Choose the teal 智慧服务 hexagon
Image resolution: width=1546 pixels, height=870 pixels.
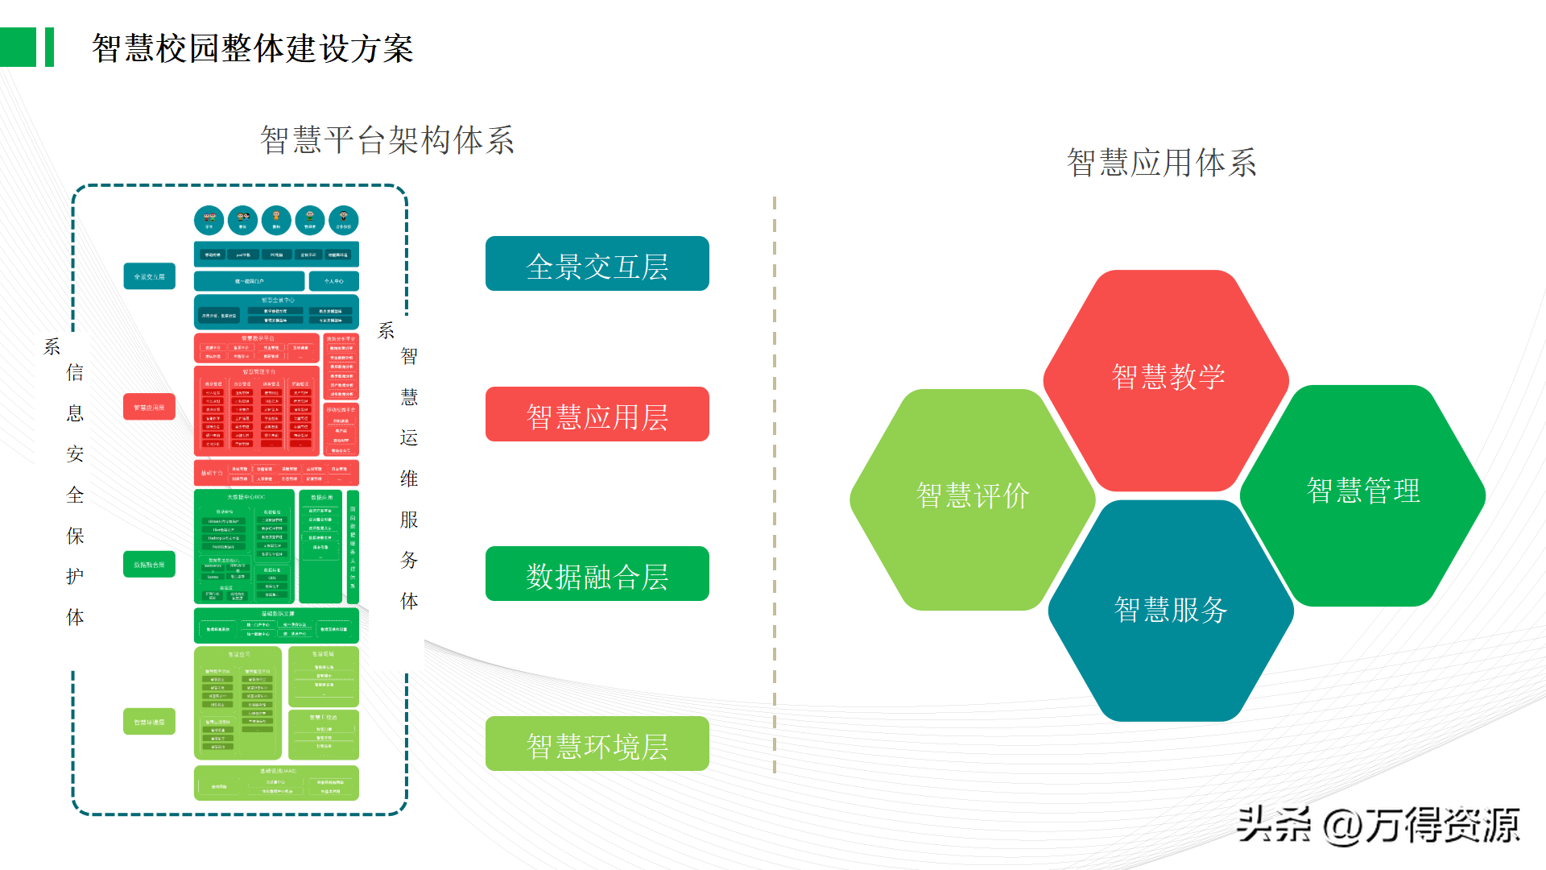1170,611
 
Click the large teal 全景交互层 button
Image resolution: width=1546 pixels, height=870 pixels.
597,264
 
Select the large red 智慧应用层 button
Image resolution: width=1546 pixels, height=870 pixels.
597,415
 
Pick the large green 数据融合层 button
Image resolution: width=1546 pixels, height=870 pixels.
597,574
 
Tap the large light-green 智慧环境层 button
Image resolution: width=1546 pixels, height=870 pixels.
597,744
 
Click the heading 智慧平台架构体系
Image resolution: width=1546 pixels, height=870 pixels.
386,140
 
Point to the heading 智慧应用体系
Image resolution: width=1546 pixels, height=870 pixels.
1161,163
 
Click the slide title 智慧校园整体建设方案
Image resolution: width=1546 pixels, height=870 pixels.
252,48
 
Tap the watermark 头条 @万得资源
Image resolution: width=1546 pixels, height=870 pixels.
1377,825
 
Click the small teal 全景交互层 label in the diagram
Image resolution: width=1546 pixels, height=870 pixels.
149,276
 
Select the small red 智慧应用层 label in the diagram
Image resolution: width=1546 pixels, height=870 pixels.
149,407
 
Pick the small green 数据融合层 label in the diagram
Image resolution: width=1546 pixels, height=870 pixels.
149,565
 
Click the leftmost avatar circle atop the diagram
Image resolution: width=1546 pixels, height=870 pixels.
209,220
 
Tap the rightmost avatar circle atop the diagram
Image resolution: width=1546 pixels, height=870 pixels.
344,220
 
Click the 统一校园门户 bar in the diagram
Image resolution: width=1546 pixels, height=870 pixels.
250,281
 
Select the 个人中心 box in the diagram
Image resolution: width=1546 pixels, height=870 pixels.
333,281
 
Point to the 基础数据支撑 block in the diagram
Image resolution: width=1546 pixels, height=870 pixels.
276,625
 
